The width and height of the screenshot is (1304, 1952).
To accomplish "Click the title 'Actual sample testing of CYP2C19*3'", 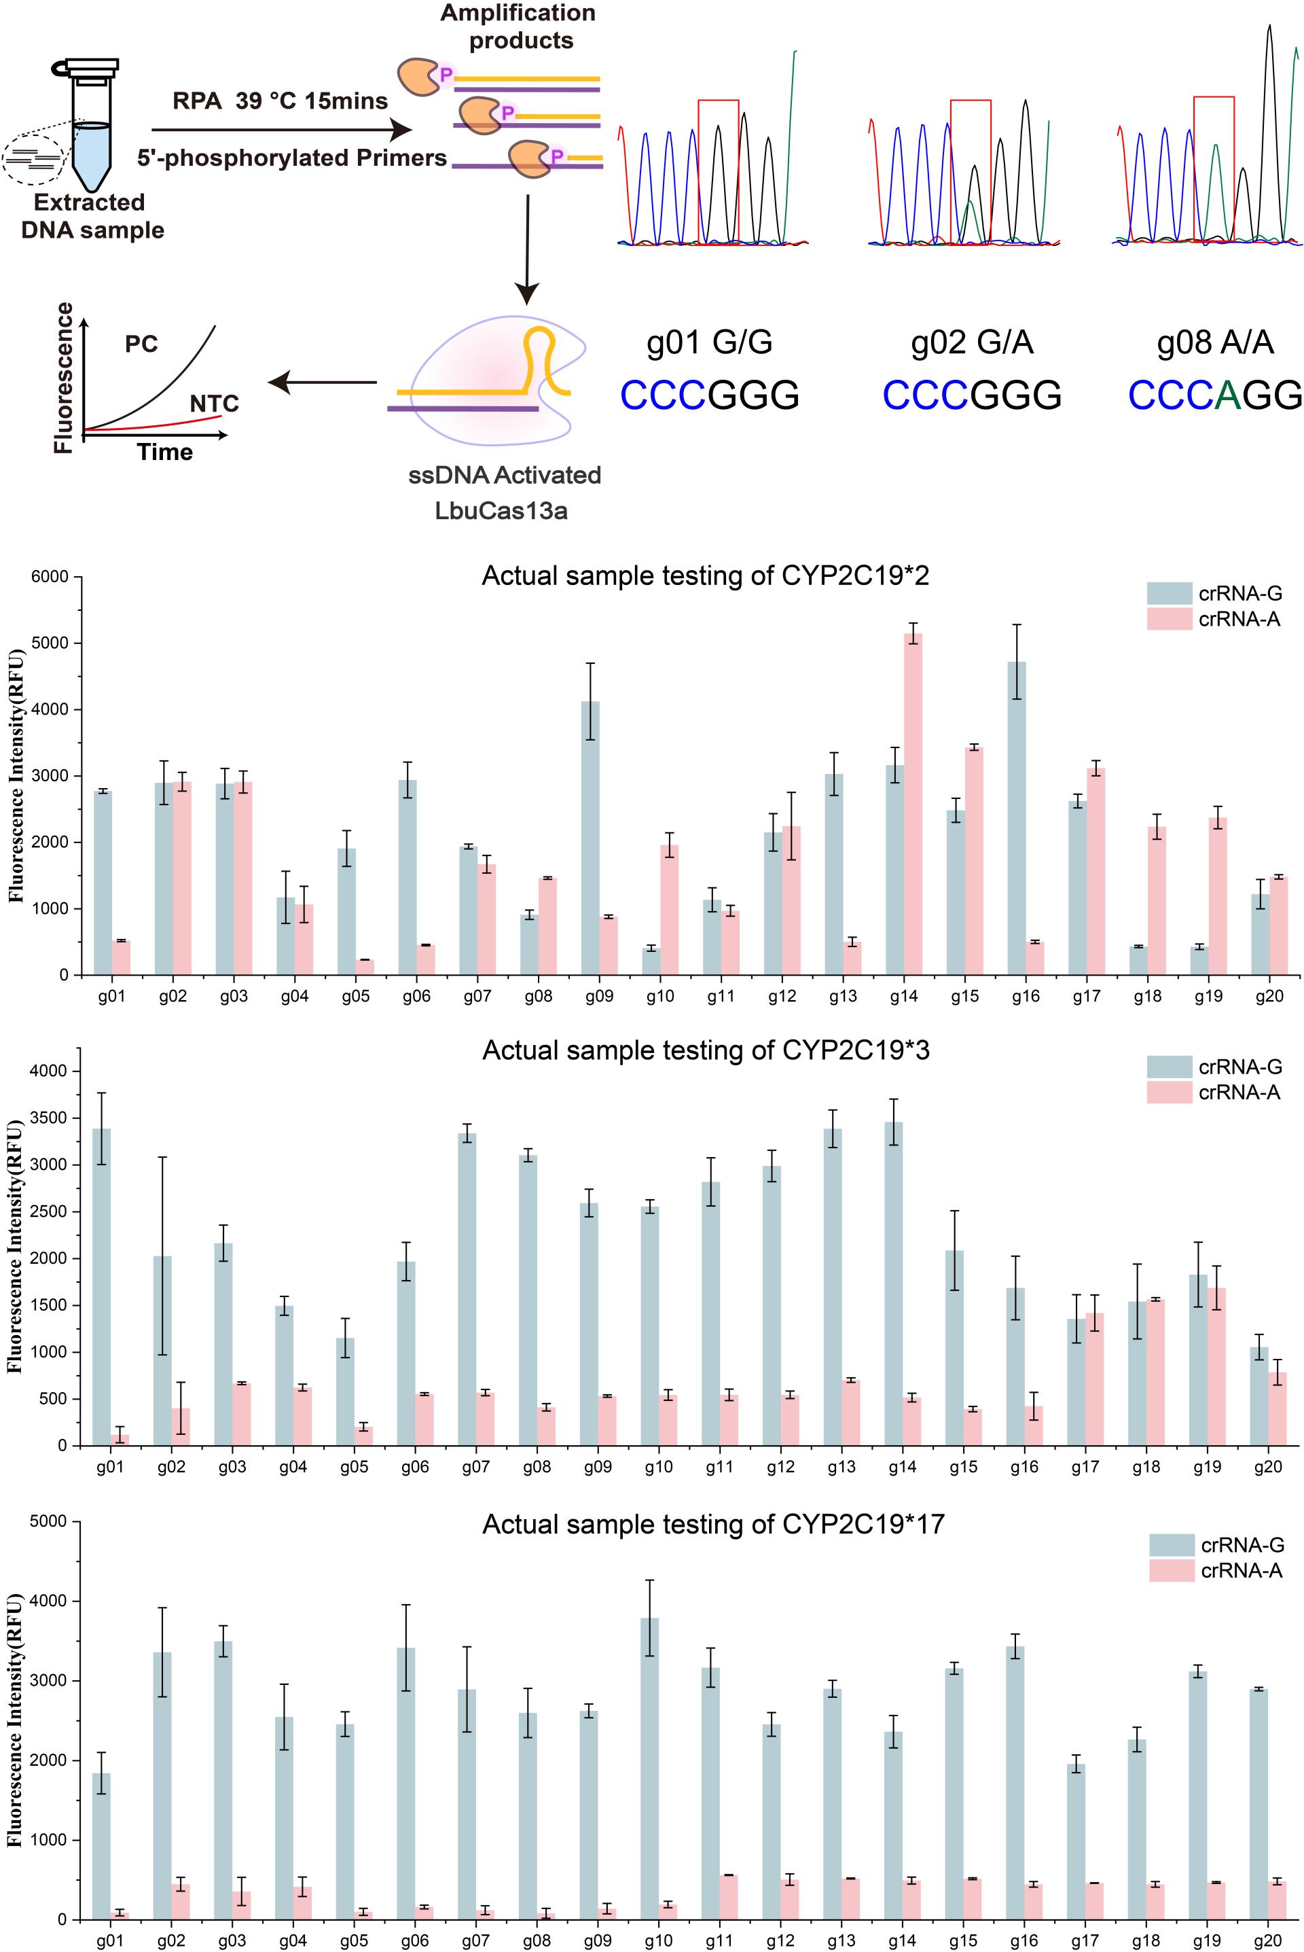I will pyautogui.click(x=706, y=1050).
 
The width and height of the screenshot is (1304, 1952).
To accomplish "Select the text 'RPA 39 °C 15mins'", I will pyautogui.click(x=280, y=101).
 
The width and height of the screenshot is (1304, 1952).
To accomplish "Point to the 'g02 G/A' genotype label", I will pyautogui.click(x=971, y=342).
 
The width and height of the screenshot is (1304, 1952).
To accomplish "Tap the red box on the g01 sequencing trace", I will pyautogui.click(x=719, y=171).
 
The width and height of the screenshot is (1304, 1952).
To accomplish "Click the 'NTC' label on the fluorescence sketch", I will pyautogui.click(x=214, y=404).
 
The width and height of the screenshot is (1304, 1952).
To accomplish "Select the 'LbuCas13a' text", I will pyautogui.click(x=501, y=510).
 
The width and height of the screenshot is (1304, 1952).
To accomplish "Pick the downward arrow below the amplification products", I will pyautogui.click(x=527, y=249).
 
